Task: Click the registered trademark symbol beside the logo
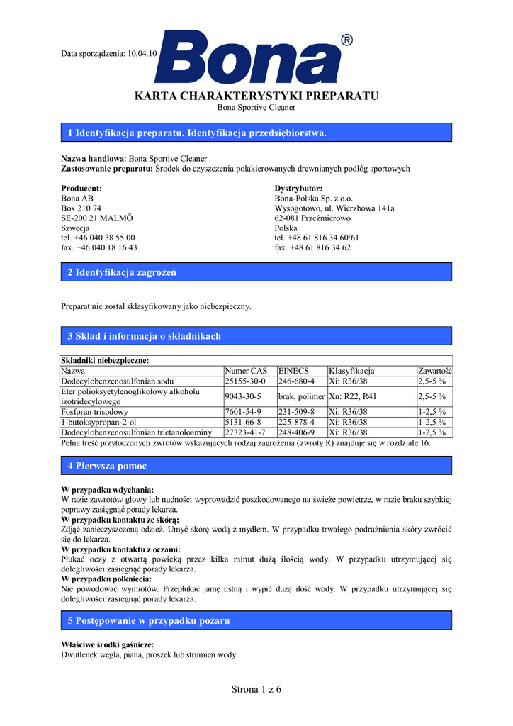(346, 40)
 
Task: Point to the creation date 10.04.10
(142, 54)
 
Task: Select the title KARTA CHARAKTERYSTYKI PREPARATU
(256, 96)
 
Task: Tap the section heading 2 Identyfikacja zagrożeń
(122, 272)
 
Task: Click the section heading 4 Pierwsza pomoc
(107, 466)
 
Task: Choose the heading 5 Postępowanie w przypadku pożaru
(149, 620)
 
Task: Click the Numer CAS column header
(246, 371)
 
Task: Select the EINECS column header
(294, 371)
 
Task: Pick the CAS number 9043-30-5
(243, 396)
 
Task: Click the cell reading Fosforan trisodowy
(95, 412)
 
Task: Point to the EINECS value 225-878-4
(297, 422)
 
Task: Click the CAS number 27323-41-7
(245, 432)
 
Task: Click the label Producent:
(82, 189)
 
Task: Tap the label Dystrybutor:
(298, 189)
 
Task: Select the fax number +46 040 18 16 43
(99, 248)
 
